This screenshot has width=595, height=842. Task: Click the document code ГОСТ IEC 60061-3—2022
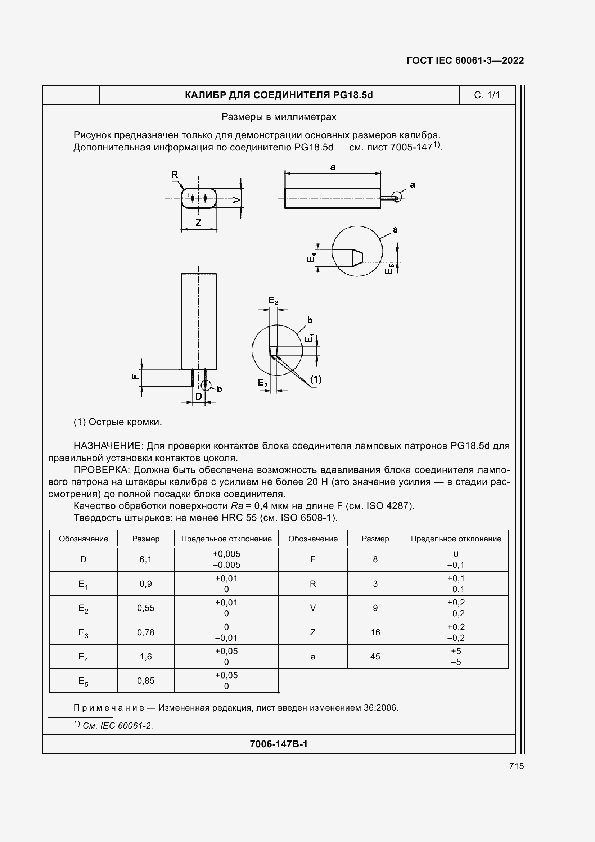point(465,60)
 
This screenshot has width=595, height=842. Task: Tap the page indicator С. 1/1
point(487,95)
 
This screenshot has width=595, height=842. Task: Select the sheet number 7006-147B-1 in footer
point(279,744)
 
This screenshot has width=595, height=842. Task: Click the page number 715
point(516,766)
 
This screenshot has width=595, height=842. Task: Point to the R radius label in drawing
point(175,175)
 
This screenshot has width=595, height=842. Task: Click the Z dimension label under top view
point(198,222)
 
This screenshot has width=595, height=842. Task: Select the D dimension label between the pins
point(198,396)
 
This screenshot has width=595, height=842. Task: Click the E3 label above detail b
point(274,301)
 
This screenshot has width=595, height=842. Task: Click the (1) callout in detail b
point(316,379)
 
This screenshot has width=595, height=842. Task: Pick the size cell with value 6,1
point(145,559)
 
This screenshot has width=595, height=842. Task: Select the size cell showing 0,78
point(145,632)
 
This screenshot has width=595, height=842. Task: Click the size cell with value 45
point(375,657)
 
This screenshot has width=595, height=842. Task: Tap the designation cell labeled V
point(313,608)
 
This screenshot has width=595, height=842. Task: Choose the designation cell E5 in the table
point(83,681)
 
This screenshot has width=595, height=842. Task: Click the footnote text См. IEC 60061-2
point(118,725)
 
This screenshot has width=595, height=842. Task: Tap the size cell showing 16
point(375,632)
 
